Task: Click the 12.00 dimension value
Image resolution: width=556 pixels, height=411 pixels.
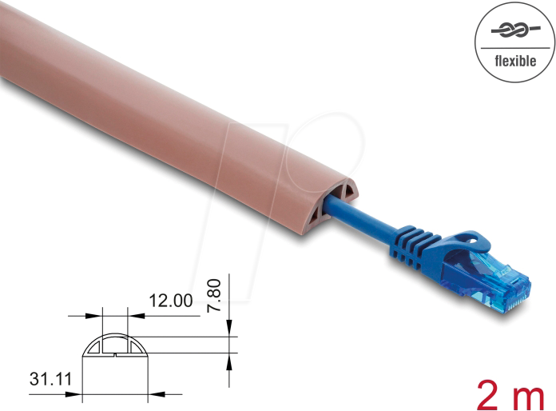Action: pos(170,301)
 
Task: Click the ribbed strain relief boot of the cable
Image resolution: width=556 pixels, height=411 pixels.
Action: pos(415,244)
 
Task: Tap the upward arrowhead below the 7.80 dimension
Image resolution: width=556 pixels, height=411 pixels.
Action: pos(229,361)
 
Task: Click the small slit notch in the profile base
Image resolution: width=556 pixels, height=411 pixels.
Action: pos(115,356)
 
